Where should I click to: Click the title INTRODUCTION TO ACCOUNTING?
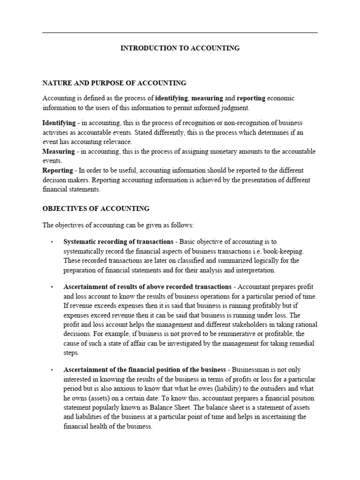tap(180, 48)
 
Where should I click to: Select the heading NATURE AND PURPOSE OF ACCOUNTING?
tap(114, 83)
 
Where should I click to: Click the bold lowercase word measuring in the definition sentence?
tap(207, 98)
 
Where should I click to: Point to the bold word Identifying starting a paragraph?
tap(59, 123)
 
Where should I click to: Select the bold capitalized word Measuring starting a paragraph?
tap(59, 151)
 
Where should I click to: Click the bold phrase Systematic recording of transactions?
tap(118, 242)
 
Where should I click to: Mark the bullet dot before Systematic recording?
tap(51, 242)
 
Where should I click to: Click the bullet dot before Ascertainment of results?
tap(51, 287)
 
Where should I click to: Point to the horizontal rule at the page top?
tap(180, 33)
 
